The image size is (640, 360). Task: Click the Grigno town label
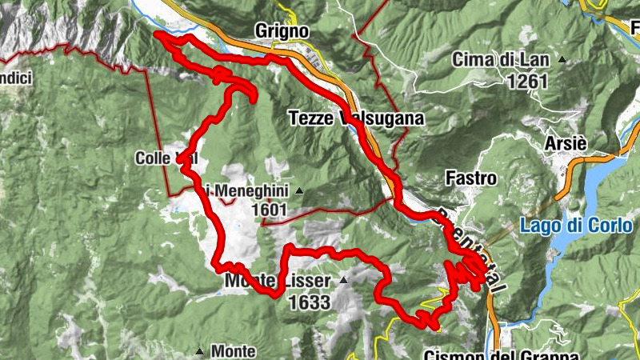(282, 30)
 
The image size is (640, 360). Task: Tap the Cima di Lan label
(502, 59)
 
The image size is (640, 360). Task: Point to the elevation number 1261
(526, 81)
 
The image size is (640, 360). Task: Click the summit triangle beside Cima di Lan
(562, 59)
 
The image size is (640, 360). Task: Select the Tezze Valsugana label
(354, 119)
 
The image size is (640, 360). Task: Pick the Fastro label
(472, 178)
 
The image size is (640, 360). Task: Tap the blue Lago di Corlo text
(575, 226)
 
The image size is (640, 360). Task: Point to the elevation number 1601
(267, 210)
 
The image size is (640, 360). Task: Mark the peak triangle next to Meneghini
(298, 190)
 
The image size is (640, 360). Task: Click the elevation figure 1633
(310, 302)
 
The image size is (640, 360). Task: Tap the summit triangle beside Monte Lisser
(344, 281)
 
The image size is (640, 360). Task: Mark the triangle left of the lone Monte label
(199, 350)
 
